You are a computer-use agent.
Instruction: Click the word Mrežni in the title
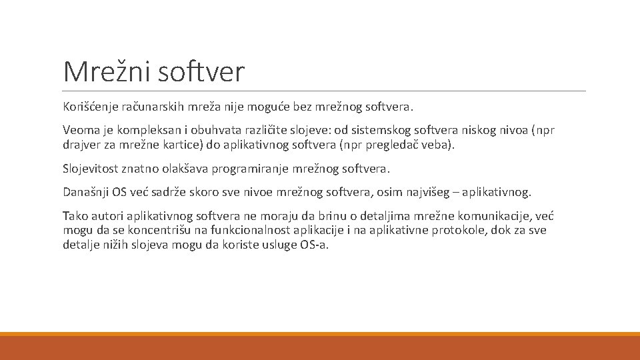click(106, 71)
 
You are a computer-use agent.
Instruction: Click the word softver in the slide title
click(201, 71)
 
